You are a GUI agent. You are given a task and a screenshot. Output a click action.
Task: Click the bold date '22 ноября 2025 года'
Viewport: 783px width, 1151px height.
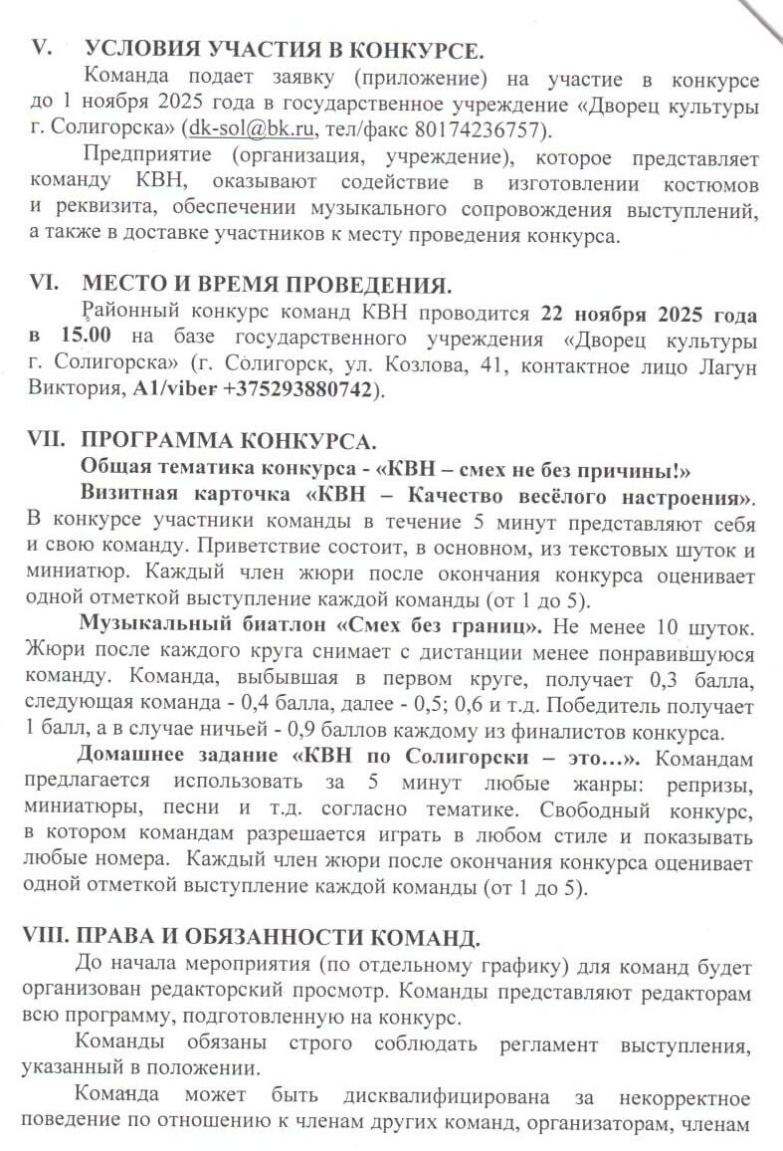[649, 314]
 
